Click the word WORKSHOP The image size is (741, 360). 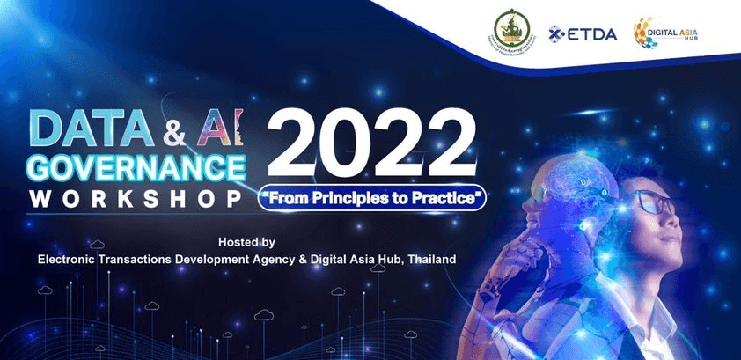pyautogui.click(x=135, y=199)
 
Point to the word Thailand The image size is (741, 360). pyautogui.click(x=427, y=259)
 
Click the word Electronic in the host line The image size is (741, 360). pyautogui.click(x=70, y=259)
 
